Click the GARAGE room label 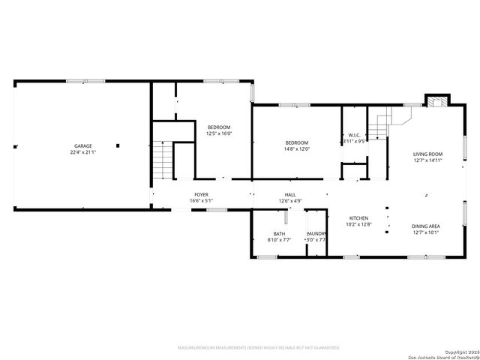click(82, 145)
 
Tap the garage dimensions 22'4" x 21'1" click(82, 152)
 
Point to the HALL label click(290, 194)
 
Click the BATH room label click(279, 234)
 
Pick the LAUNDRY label click(316, 234)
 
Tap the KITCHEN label click(356, 217)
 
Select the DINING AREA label click(425, 226)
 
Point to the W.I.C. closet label click(353, 135)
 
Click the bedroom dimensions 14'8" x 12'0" click(296, 148)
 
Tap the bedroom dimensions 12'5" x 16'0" click(219, 133)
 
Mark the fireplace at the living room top click(436, 101)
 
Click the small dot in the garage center click(117, 145)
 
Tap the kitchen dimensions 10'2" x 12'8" click(356, 224)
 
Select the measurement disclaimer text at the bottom click(258, 348)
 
